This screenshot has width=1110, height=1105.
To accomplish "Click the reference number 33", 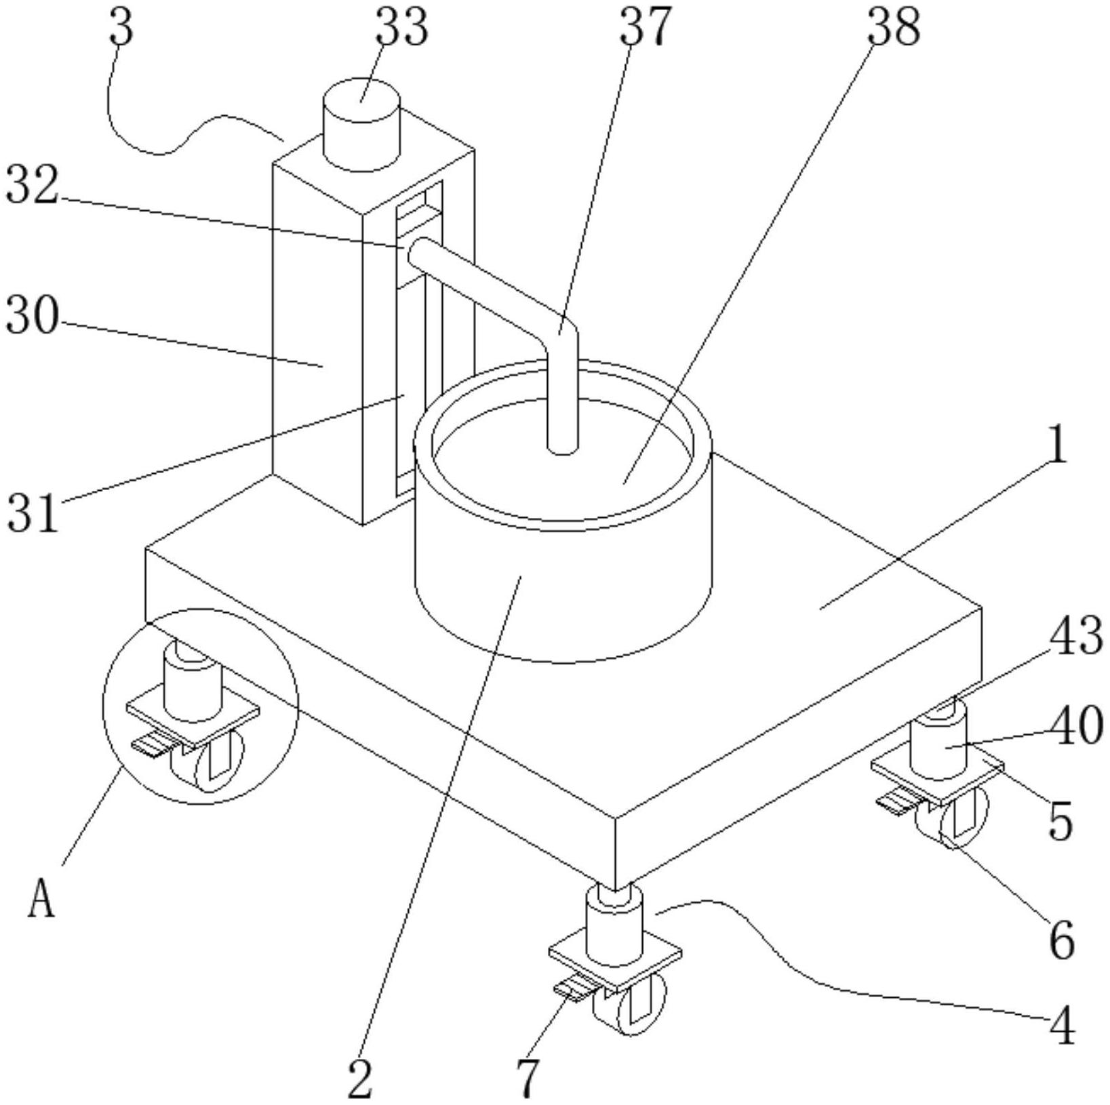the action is [401, 27].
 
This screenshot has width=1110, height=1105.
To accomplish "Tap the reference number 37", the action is [645, 27].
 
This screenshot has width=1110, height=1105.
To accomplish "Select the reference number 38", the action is [894, 27].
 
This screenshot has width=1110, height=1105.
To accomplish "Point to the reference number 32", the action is [32, 186].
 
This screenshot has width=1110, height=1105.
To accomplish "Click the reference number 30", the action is [32, 316].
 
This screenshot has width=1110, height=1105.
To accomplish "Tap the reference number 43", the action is [1075, 637].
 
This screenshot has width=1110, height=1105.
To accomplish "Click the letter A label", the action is [41, 902].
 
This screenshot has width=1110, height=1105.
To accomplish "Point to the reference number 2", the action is [360, 1079].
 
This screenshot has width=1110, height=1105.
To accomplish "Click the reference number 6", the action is [1062, 940].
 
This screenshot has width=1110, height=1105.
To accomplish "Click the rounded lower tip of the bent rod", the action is [562, 448].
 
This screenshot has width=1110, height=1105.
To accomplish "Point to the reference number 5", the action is [1061, 821].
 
